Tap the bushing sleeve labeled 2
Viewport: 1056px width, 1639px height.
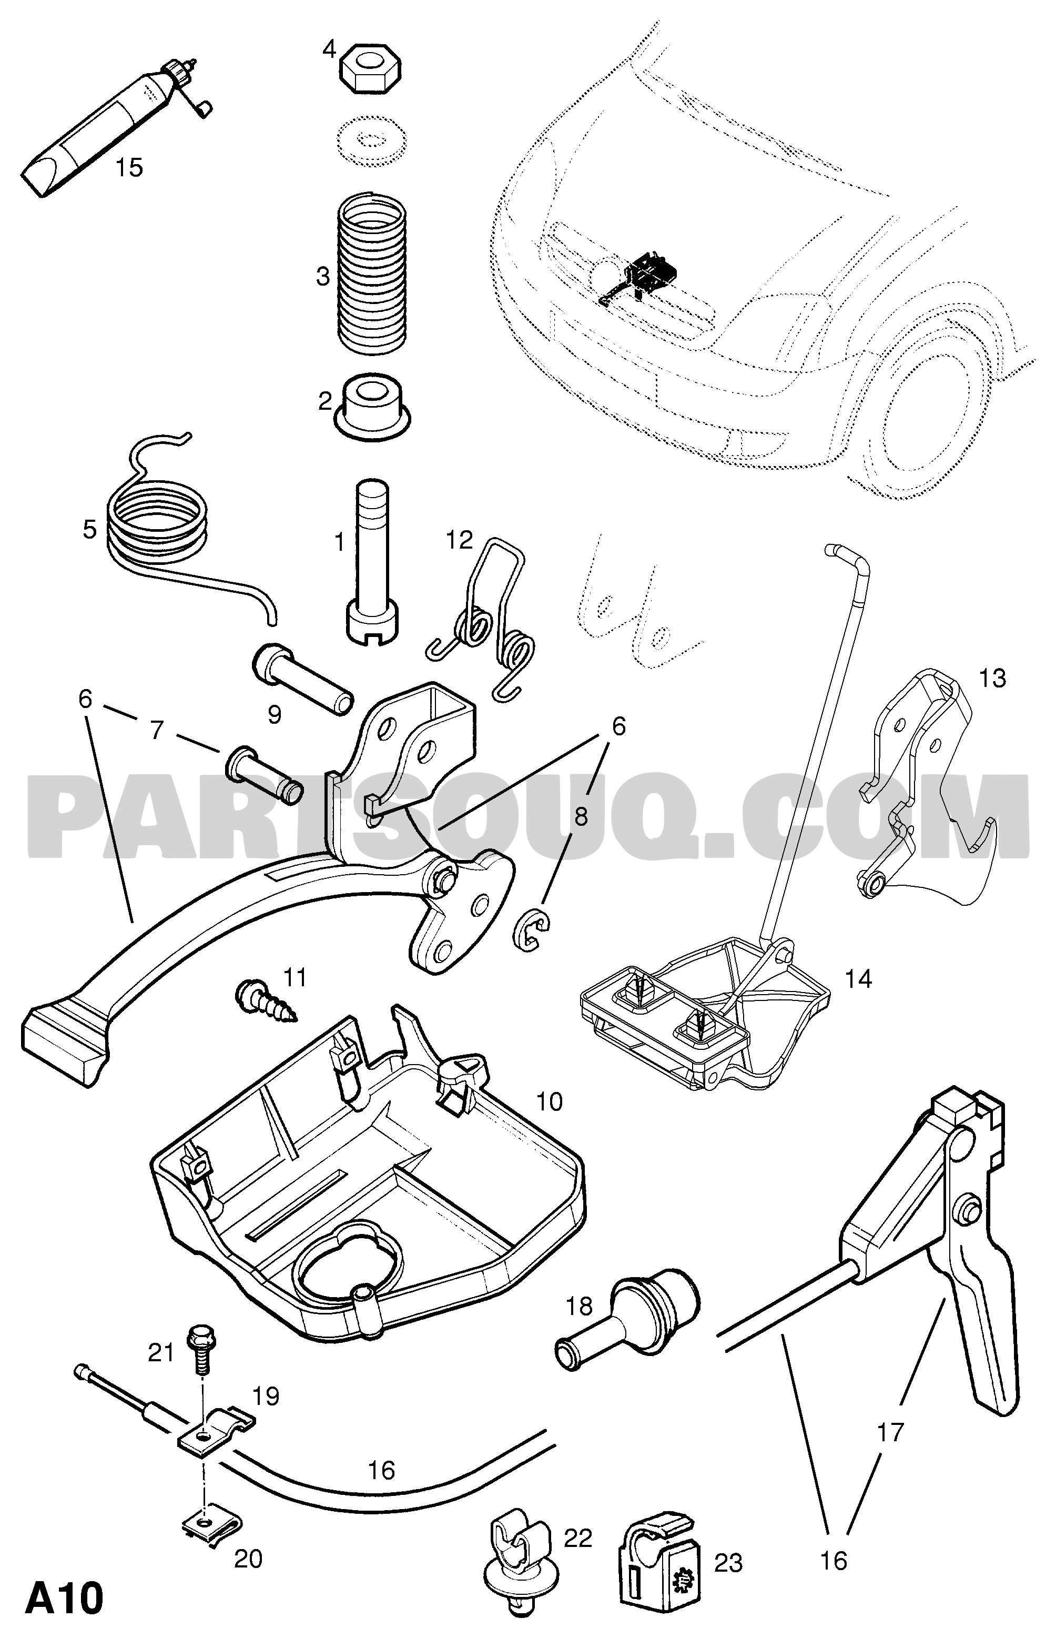pyautogui.click(x=372, y=406)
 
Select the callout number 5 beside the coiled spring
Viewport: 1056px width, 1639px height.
pyautogui.click(x=90, y=530)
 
